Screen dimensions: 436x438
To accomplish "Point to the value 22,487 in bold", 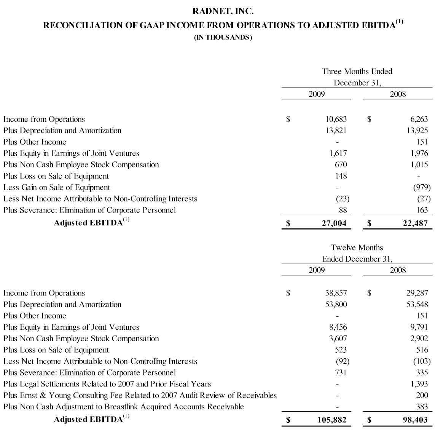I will [415, 223].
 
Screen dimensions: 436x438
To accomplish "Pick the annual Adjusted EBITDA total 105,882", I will [332, 420].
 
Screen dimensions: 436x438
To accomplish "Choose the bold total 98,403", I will [415, 420].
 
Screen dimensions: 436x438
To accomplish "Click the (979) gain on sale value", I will [422, 187].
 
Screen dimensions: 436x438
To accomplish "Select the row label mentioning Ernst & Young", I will [140, 395].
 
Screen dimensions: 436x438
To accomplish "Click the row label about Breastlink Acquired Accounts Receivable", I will [124, 407].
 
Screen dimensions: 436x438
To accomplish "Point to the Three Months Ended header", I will [357, 71].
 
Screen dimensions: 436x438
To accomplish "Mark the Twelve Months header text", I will [357, 248].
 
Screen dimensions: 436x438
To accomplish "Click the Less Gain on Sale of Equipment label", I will [57, 187].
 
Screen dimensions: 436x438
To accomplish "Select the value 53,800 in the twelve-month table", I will [336, 304].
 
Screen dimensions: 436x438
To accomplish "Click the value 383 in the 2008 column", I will [422, 407].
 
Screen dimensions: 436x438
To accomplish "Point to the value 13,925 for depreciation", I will [417, 131].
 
